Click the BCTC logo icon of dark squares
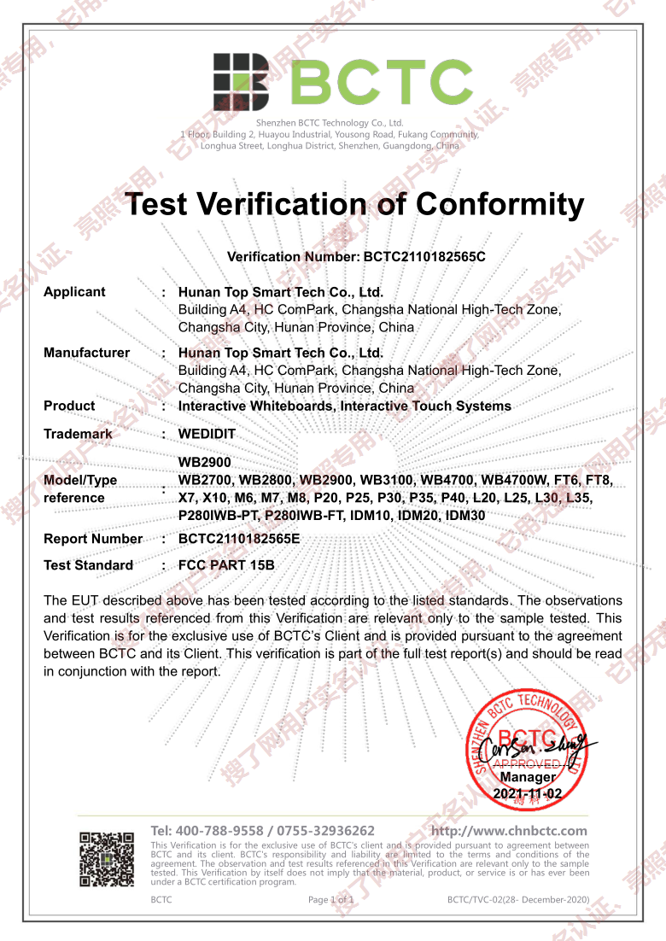[x=241, y=82]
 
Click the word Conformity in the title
[x=499, y=204]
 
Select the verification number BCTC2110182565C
[x=424, y=256]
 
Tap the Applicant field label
[x=74, y=292]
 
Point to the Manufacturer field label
[x=86, y=353]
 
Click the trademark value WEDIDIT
[x=207, y=434]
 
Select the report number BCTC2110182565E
[x=239, y=539]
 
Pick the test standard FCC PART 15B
[x=226, y=565]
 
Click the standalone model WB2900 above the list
[x=205, y=462]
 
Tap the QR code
[x=107, y=858]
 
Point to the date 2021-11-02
[x=528, y=793]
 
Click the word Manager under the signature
[x=528, y=777]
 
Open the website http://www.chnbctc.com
[x=509, y=831]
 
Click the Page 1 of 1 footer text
[x=330, y=900]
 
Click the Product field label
[x=69, y=406]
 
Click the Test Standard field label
[x=88, y=565]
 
